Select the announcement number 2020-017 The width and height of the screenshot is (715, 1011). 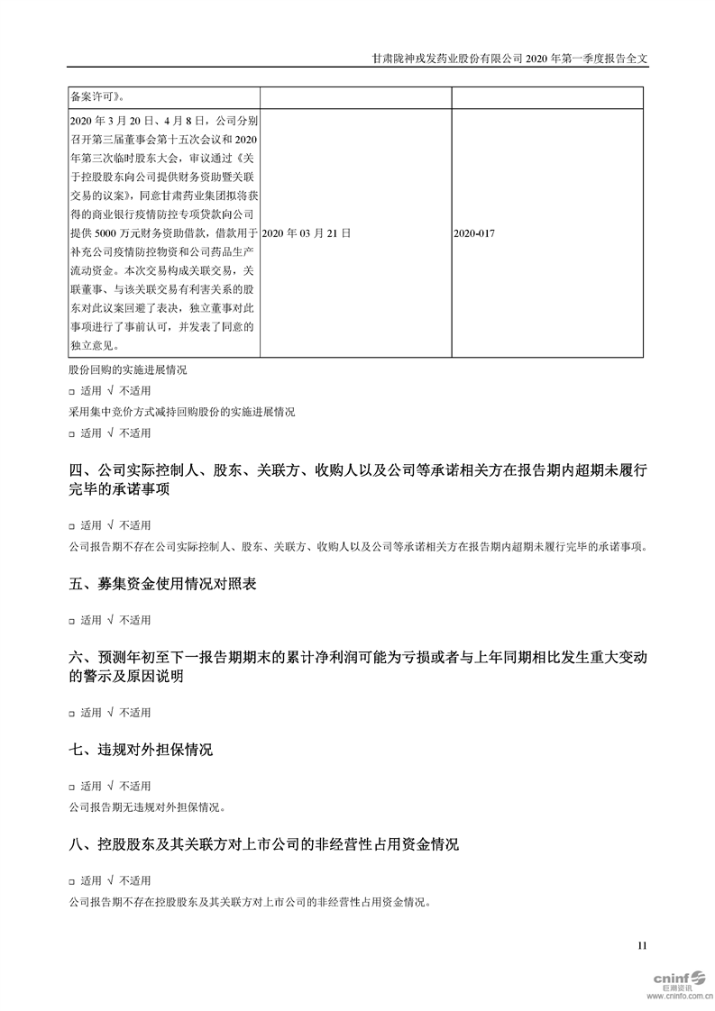pyautogui.click(x=474, y=232)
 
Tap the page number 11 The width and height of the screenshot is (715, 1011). pyautogui.click(x=642, y=945)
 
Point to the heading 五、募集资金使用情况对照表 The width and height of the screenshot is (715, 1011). pyautogui.click(x=162, y=584)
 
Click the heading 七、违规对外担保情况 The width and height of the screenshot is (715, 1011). pyautogui.click(x=141, y=750)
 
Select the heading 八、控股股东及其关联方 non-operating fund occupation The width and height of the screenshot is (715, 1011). pyautogui.click(x=263, y=844)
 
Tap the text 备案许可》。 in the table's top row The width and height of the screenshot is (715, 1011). pyautogui.click(x=97, y=96)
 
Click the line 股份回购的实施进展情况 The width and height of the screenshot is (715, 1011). pyautogui.click(x=128, y=370)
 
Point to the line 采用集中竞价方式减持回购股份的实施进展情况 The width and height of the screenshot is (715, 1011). pyautogui.click(x=181, y=412)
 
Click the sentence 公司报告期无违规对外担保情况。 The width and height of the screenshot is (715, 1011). pyautogui.click(x=145, y=807)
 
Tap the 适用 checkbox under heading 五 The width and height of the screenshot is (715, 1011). pyautogui.click(x=71, y=620)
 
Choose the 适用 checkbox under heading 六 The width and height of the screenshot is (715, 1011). pyautogui.click(x=71, y=713)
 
